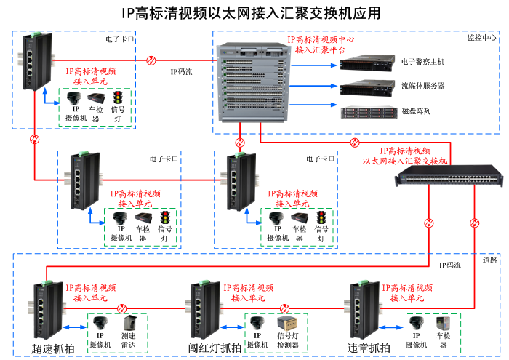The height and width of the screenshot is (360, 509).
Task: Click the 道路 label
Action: [x=489, y=260]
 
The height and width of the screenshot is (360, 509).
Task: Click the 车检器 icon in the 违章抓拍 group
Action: [x=443, y=324]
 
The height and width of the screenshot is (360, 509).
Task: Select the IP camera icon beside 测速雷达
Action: [x=98, y=324]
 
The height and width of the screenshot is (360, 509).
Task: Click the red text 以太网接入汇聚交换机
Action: [x=406, y=160]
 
